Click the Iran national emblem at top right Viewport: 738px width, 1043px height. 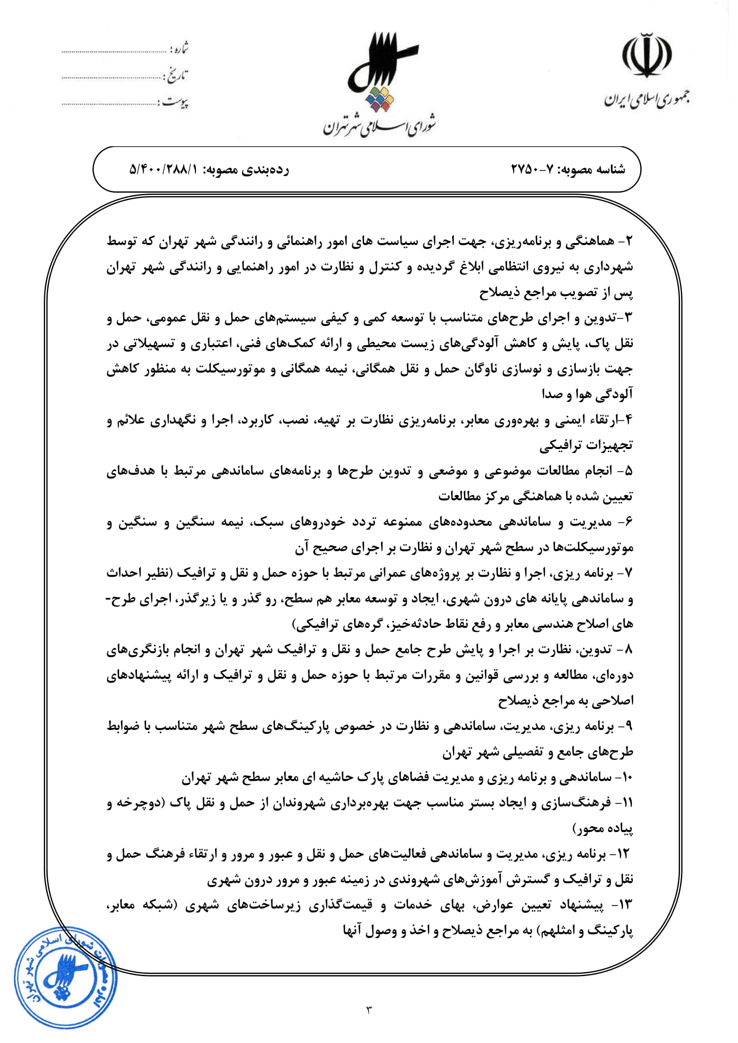(647, 56)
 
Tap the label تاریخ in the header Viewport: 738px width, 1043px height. (177, 75)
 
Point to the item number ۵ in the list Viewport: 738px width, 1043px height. (629, 471)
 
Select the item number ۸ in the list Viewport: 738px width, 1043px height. (629, 650)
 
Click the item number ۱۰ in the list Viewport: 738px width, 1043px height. (627, 777)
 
